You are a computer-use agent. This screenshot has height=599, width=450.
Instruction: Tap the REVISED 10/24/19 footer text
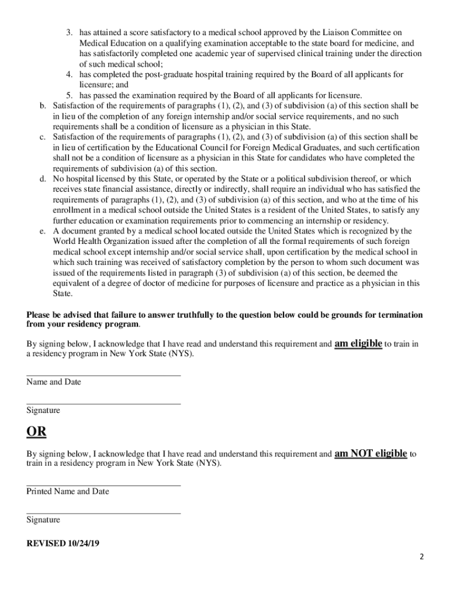click(x=63, y=543)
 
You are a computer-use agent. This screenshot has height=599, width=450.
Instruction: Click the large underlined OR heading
click(x=36, y=432)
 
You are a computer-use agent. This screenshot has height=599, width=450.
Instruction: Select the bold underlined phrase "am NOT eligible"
click(x=371, y=453)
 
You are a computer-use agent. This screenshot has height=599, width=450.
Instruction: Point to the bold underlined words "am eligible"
click(x=358, y=343)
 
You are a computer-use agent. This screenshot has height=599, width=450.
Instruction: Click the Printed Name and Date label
click(x=68, y=491)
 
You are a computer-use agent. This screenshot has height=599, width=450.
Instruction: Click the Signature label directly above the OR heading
click(x=43, y=411)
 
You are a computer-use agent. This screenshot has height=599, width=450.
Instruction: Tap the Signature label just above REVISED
click(x=43, y=519)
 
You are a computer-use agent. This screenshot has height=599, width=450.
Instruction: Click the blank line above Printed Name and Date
click(x=103, y=485)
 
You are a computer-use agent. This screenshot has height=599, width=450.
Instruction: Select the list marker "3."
click(x=69, y=33)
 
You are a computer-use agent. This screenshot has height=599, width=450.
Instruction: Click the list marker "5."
click(x=69, y=95)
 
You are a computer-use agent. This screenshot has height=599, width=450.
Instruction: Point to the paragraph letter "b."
click(x=43, y=106)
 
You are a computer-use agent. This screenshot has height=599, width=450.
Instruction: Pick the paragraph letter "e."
click(x=43, y=231)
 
